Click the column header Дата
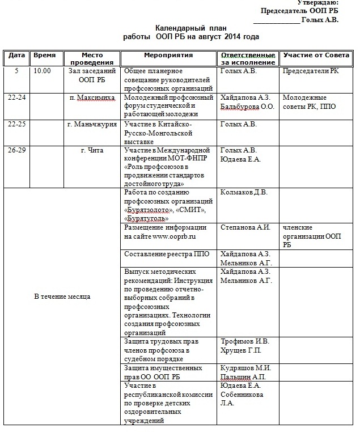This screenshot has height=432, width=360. [16, 56]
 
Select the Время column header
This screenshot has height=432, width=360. [45, 56]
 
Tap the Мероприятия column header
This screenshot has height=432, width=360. [168, 56]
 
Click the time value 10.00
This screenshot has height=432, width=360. [42, 71]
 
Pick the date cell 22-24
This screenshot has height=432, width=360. [16, 98]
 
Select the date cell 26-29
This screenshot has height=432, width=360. [16, 150]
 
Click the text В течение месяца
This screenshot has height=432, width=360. [62, 297]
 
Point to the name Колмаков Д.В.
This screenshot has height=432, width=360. [243, 192]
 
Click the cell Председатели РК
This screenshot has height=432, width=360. [311, 71]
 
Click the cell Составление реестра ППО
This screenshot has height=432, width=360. [167, 254]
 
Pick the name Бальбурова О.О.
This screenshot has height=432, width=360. [247, 107]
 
